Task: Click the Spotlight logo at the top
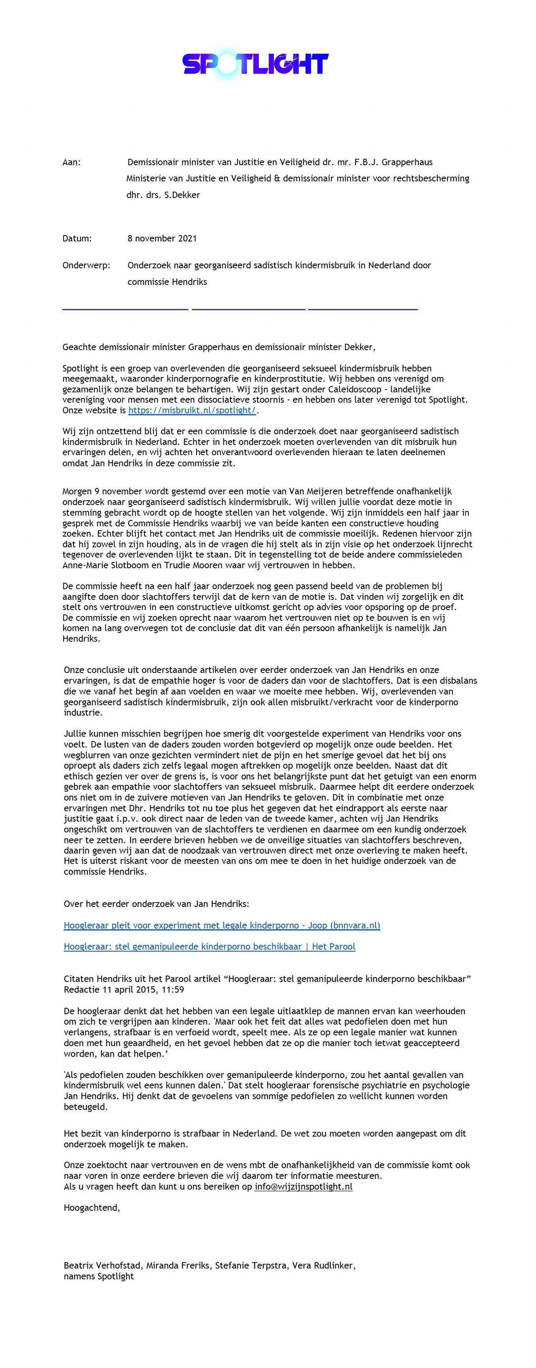(x=255, y=64)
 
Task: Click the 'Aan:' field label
(x=72, y=162)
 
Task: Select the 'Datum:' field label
(x=77, y=238)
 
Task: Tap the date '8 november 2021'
(x=162, y=238)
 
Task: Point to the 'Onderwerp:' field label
(x=86, y=265)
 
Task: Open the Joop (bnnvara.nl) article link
(x=222, y=925)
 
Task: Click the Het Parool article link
(x=210, y=946)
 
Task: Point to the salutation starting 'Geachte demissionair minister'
(x=219, y=347)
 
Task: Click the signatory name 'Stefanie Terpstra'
(x=249, y=1266)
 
